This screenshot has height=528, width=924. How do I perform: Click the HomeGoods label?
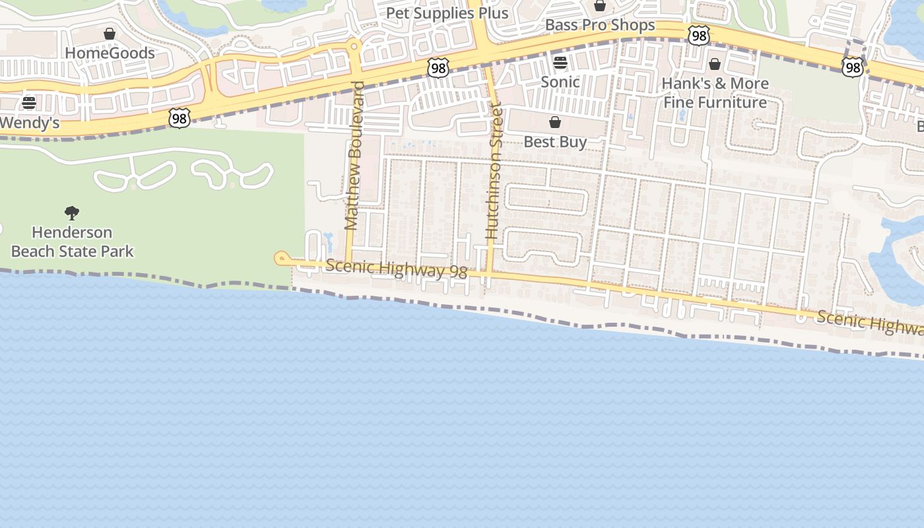coord(110,53)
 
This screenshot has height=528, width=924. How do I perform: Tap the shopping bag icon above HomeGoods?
coord(110,34)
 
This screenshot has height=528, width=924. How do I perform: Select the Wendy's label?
coord(30,123)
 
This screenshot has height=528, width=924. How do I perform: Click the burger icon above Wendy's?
coord(29,103)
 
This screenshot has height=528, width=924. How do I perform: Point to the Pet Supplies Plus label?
coord(447,13)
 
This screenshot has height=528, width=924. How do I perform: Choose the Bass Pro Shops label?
coord(600,25)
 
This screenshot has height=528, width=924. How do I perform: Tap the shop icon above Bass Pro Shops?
coord(600,6)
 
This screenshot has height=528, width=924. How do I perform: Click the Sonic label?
coord(560,82)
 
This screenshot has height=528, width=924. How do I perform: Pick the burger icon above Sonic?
coord(560,63)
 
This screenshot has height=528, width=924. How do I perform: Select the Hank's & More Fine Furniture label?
coord(716,93)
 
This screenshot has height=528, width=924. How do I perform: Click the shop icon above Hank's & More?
coord(715,64)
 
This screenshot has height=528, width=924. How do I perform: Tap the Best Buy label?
coord(555,142)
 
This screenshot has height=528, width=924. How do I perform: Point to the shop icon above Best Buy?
coord(555,122)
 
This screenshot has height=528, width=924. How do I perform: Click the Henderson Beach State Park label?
coord(73,242)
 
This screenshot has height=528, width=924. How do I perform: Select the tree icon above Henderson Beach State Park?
coord(72,213)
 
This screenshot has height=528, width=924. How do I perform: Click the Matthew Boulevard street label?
coord(354,156)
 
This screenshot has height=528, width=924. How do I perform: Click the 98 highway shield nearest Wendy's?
coord(180,118)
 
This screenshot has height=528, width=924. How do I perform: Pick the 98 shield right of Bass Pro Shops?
coord(698,36)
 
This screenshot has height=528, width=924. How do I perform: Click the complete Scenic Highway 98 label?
coord(397,269)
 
